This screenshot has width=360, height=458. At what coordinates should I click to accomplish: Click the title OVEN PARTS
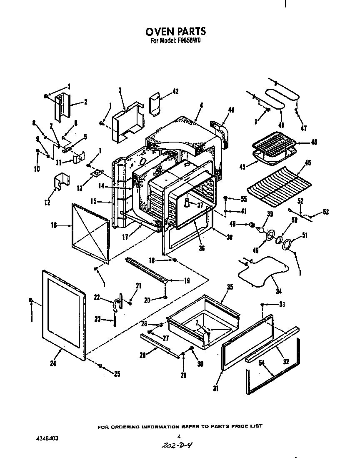click(175, 32)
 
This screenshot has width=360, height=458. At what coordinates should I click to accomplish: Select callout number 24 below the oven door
click(52, 363)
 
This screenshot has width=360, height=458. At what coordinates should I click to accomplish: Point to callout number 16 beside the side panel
click(54, 225)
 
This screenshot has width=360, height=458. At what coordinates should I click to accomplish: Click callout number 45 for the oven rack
click(307, 163)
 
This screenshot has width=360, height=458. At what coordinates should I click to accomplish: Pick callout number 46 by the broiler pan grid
click(314, 142)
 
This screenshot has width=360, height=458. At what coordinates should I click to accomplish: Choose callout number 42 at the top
click(175, 92)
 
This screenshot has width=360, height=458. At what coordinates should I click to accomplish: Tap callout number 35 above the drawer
click(230, 287)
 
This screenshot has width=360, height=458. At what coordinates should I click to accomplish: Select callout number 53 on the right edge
click(325, 212)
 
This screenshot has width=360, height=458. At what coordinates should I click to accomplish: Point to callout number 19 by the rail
click(187, 281)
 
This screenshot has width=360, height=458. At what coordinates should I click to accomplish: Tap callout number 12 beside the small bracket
click(47, 203)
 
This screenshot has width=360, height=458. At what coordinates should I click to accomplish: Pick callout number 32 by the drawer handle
click(285, 362)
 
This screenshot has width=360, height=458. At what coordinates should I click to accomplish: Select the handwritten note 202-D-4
click(177, 445)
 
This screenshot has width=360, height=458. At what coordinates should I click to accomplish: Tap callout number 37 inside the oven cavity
click(200, 205)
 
